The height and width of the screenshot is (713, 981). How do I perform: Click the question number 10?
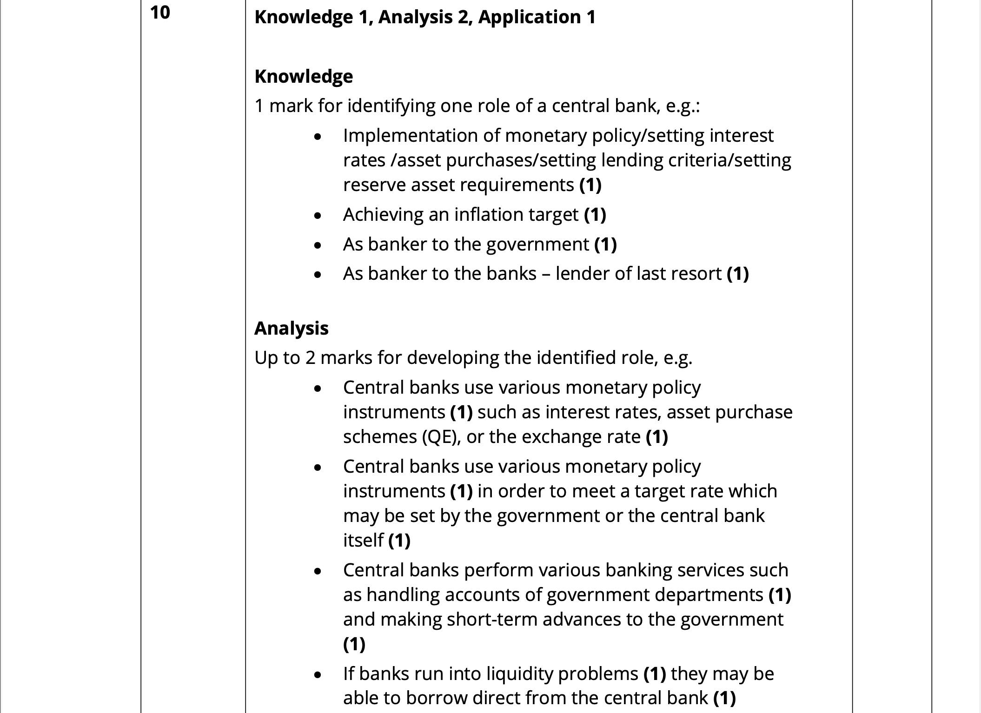160,13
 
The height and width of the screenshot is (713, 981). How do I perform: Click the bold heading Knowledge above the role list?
304,76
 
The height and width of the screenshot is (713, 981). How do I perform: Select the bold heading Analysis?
291,328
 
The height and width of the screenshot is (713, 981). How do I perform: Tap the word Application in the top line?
529,17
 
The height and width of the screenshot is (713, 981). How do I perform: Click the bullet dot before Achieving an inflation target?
318,216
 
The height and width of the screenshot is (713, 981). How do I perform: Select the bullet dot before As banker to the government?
318,245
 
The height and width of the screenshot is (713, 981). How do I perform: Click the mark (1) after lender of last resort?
737,274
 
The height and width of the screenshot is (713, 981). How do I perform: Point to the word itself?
363,541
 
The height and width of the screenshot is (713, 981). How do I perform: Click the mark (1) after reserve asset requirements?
590,185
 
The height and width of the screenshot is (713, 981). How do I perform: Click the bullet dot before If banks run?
318,675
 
